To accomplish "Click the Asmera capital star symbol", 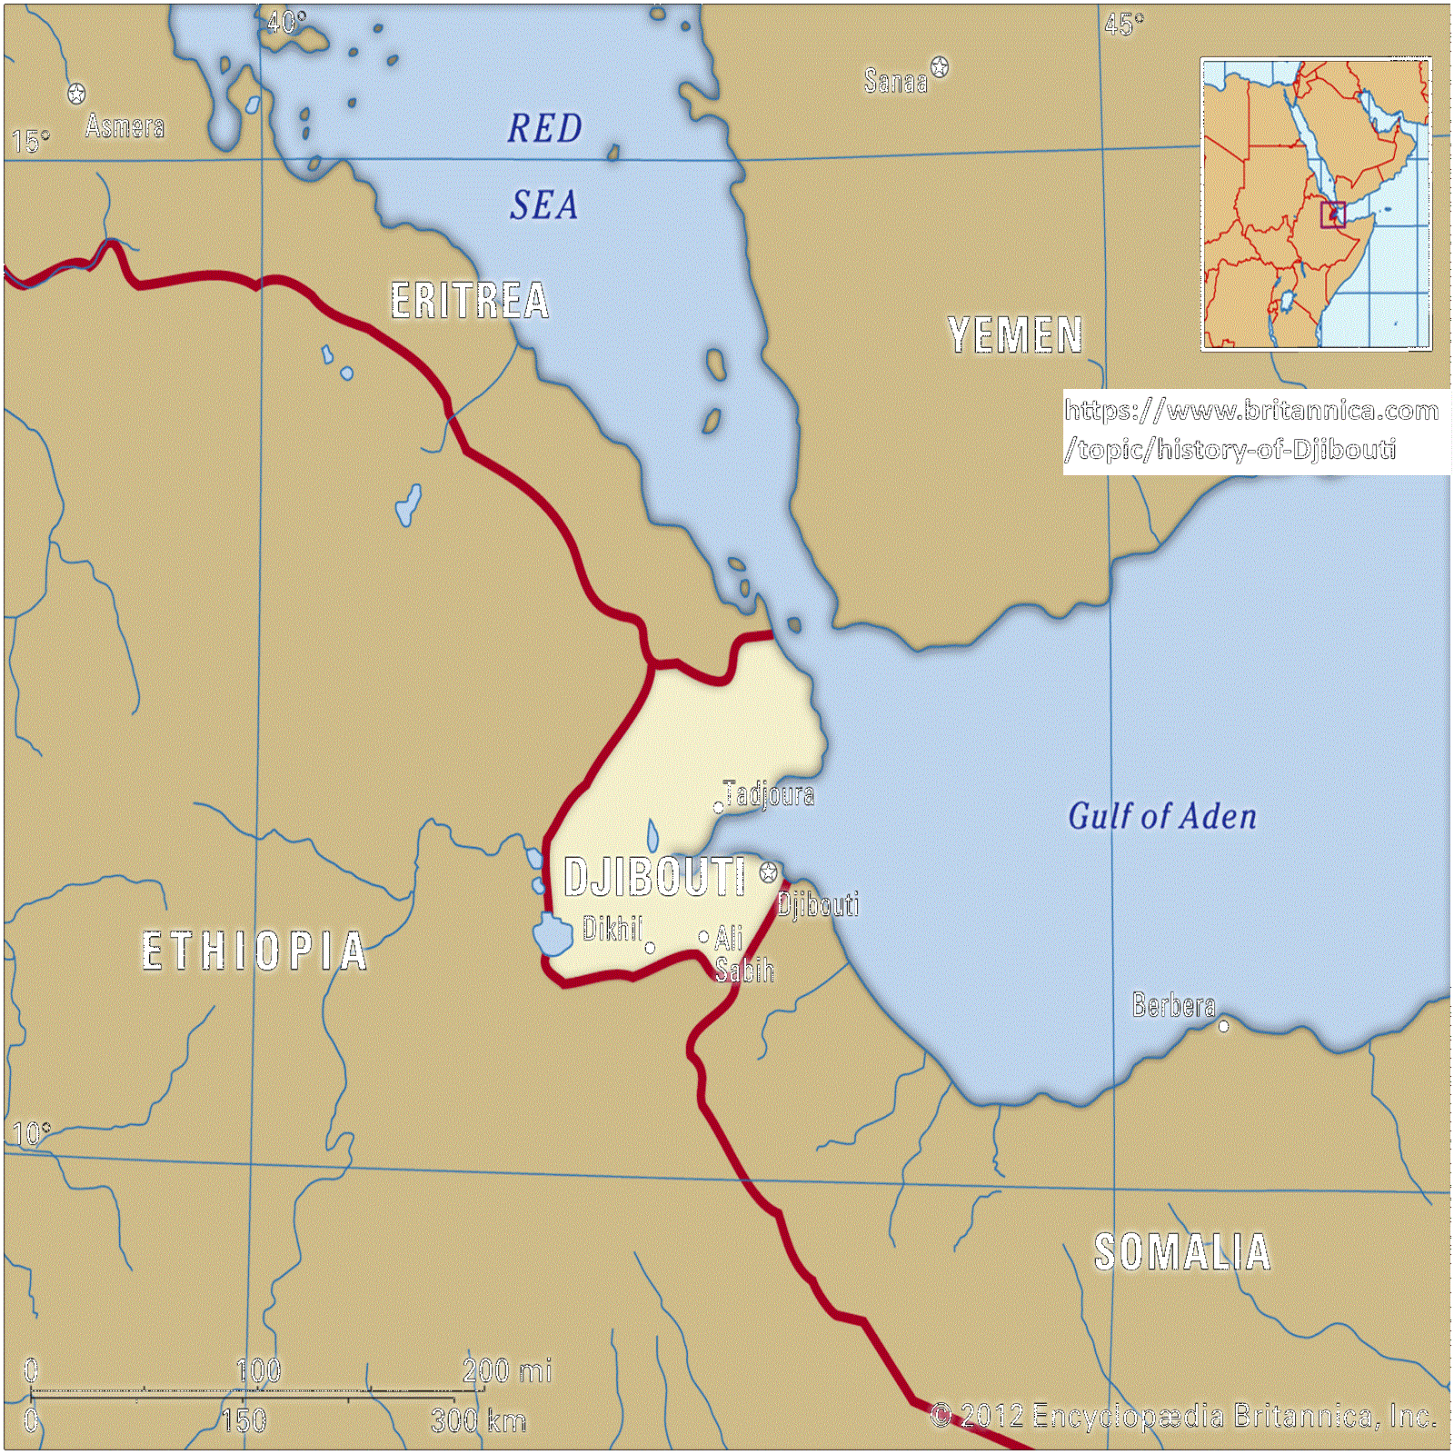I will (77, 94).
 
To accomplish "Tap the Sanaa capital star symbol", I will (940, 66).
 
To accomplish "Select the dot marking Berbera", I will (1223, 1026).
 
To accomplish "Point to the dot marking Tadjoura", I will (718, 807).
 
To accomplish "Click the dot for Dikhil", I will (650, 948).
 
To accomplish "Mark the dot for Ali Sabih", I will (703, 936).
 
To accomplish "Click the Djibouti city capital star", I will (769, 873).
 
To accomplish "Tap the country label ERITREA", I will (469, 301).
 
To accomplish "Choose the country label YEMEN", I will (1015, 335).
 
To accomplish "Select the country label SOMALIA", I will (1181, 1252).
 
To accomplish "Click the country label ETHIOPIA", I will (254, 951).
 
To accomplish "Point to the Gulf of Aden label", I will (1161, 816).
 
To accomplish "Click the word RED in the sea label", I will (544, 128).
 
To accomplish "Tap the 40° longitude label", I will (286, 22).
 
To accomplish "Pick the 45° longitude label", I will (1124, 25).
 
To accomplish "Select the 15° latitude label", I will (31, 142).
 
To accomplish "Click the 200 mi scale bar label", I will (506, 1370).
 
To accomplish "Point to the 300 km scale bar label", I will (478, 1420).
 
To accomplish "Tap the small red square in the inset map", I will (1332, 214).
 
